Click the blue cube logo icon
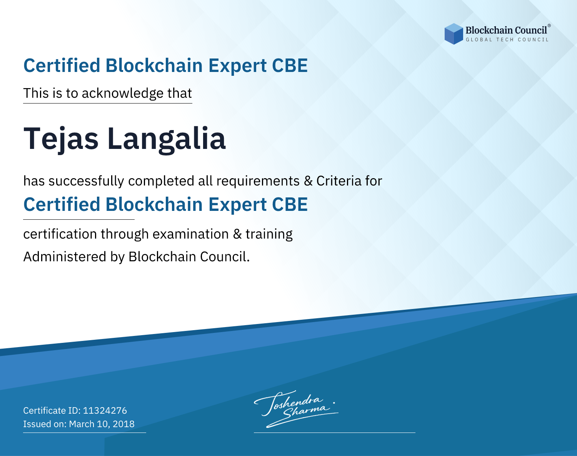click(454, 34)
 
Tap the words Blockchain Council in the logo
click(506, 30)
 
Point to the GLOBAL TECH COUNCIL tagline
click(507, 40)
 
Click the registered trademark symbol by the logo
click(549, 26)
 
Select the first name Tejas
click(61, 139)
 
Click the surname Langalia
click(167, 139)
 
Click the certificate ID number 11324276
click(105, 410)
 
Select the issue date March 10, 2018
click(102, 424)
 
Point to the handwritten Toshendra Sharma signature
click(295, 409)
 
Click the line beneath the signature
click(334, 433)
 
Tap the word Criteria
click(339, 181)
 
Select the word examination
click(190, 234)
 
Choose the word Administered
click(65, 257)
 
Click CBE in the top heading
click(290, 65)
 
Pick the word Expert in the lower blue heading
click(237, 205)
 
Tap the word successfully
click(86, 181)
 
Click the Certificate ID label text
click(52, 410)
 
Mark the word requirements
click(258, 181)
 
